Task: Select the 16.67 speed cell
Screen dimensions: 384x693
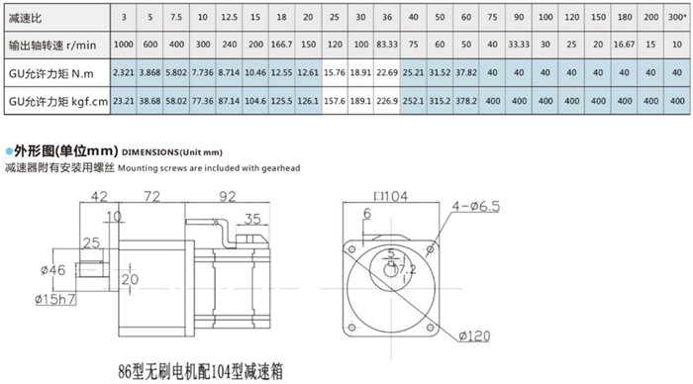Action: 624,45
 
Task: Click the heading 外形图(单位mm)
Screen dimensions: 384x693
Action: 64,150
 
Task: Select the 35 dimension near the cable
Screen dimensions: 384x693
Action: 251,220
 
